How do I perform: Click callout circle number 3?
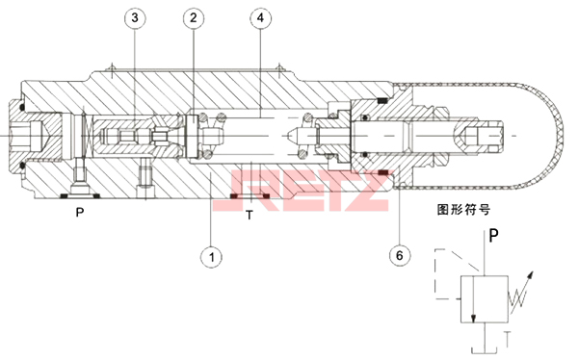point(135,17)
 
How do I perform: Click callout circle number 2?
point(194,17)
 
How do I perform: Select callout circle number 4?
point(261,17)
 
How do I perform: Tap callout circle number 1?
point(212,256)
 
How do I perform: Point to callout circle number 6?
point(400,255)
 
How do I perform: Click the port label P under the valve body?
point(80,212)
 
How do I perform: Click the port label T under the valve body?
point(250,215)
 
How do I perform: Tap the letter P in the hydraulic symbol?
point(493,235)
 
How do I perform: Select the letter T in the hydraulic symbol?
point(508,339)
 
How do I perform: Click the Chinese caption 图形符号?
point(463,210)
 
